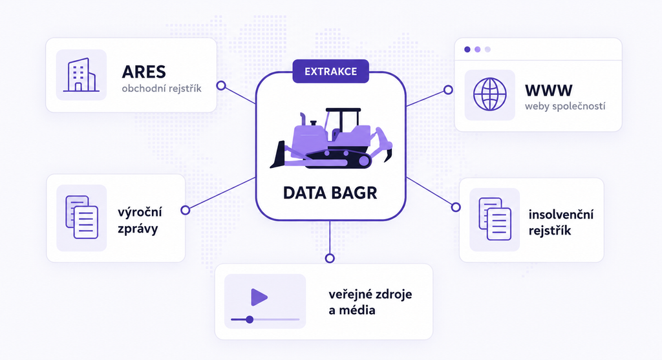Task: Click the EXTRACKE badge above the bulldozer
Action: click(x=330, y=71)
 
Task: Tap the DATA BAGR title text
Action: click(x=330, y=193)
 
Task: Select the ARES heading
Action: click(x=144, y=72)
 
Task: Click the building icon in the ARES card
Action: click(x=81, y=75)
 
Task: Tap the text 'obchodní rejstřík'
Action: click(x=162, y=89)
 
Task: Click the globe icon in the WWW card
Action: click(x=490, y=94)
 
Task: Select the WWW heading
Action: click(x=548, y=90)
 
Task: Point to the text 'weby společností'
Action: click(x=565, y=106)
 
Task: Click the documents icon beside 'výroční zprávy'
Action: click(x=82, y=217)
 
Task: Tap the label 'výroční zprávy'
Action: click(x=140, y=220)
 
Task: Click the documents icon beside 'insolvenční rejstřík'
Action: click(x=495, y=219)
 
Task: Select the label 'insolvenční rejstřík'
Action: click(x=561, y=222)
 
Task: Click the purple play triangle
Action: click(x=259, y=297)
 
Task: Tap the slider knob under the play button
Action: click(x=250, y=319)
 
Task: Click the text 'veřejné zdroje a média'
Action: click(x=370, y=302)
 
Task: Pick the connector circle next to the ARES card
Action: click(x=221, y=86)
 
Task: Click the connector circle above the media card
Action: click(x=330, y=259)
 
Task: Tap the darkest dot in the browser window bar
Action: click(x=467, y=49)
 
